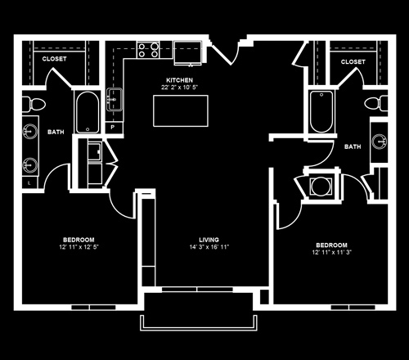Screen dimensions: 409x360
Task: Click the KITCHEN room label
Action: pos(179,80)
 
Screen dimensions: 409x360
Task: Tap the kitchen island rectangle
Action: pos(181,110)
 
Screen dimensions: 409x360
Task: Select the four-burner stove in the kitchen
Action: pos(148,50)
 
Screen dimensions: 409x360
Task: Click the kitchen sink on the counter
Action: pos(115,99)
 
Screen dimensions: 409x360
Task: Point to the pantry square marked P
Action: pos(113,127)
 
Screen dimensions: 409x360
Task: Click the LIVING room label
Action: pos(209,240)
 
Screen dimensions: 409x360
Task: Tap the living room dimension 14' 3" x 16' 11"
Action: pos(209,247)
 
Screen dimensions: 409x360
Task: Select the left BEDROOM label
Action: pos(79,240)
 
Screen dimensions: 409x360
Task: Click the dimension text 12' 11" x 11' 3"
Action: pos(331,252)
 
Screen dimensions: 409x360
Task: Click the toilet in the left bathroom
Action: pos(34,104)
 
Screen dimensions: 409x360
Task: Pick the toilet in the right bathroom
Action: pos(376,103)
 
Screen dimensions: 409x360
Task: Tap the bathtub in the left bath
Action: pos(88,112)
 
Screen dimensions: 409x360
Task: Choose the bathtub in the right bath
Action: pos(321,112)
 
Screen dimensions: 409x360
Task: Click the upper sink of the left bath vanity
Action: pos(30,132)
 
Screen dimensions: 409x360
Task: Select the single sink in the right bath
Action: pos(380,142)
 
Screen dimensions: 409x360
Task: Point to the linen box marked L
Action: pos(29,183)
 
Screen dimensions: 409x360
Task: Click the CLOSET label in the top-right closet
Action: pos(353,62)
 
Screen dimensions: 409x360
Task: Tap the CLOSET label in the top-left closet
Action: pos(54,59)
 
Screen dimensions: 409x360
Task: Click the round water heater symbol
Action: pos(321,187)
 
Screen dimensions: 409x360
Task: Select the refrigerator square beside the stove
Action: pos(187,53)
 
